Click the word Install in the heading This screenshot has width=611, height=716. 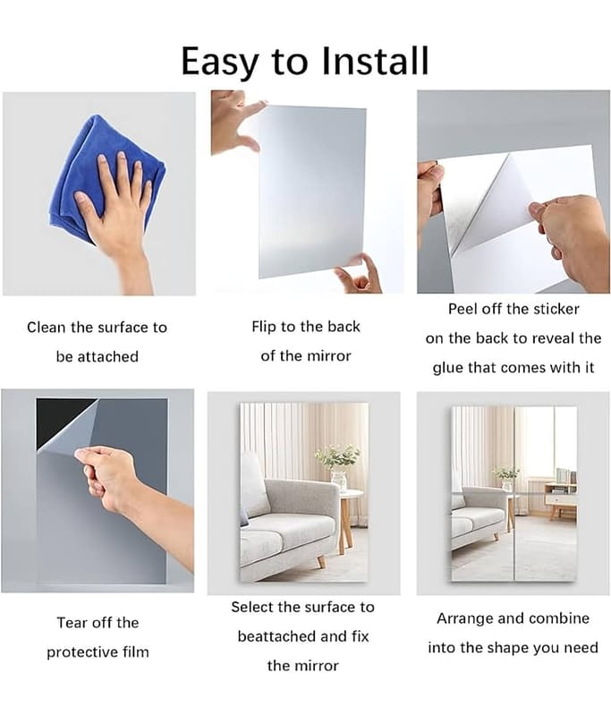pyautogui.click(x=375, y=60)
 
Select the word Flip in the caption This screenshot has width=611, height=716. pyautogui.click(x=264, y=327)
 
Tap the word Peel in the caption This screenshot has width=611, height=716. pyautogui.click(x=462, y=309)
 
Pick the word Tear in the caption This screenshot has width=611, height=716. pyautogui.click(x=73, y=622)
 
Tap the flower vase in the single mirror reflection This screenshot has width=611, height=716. pyautogui.click(x=339, y=481)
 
